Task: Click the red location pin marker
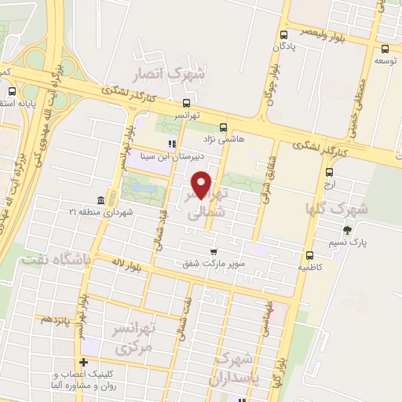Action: click(202, 185)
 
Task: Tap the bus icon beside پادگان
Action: click(283, 35)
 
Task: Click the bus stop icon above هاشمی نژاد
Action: click(224, 126)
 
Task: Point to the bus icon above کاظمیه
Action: click(309, 255)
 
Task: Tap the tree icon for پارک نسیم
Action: click(347, 230)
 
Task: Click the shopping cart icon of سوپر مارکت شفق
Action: click(213, 252)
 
